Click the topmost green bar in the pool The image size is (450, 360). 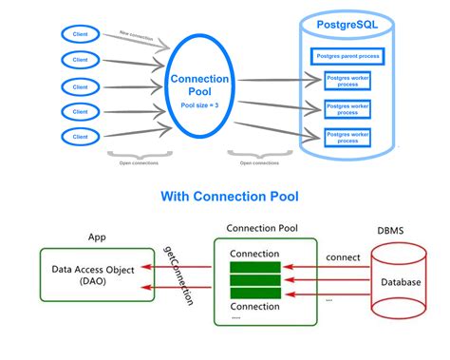(x=254, y=267)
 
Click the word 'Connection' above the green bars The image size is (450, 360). (x=254, y=253)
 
